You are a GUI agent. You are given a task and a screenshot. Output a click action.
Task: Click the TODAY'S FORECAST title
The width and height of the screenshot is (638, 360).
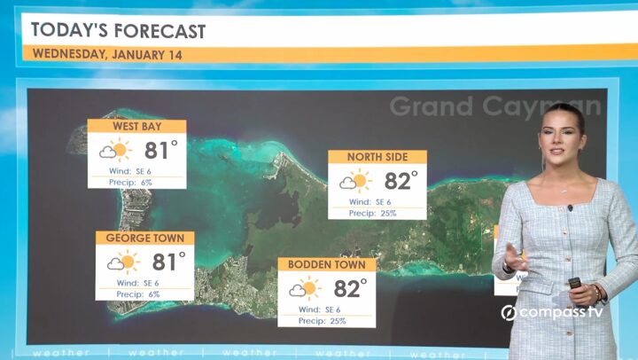(x=118, y=31)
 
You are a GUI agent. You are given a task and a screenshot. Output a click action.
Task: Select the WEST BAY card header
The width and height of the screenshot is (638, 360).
(x=136, y=127)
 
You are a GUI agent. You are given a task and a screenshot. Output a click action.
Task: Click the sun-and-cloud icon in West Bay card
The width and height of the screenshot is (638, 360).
(x=115, y=150)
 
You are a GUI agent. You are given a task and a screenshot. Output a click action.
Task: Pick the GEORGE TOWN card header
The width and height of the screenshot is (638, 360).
(x=145, y=239)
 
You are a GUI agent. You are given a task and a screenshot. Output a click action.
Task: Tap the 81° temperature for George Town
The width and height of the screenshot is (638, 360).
(x=168, y=262)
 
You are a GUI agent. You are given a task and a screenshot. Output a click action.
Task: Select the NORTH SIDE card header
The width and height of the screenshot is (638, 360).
(x=377, y=157)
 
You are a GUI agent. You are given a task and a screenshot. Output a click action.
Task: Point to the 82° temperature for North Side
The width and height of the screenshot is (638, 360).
(x=401, y=181)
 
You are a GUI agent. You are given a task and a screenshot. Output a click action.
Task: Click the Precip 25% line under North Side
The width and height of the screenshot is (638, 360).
(x=373, y=213)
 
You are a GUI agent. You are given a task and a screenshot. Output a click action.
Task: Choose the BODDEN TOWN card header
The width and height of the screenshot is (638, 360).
(x=327, y=265)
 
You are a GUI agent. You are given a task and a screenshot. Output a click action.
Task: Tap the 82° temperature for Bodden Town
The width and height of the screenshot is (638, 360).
(x=350, y=288)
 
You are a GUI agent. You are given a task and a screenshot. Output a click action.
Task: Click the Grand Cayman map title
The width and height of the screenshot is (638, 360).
(x=494, y=107)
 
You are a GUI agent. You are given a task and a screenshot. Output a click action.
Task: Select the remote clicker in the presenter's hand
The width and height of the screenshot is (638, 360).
(x=574, y=285)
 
